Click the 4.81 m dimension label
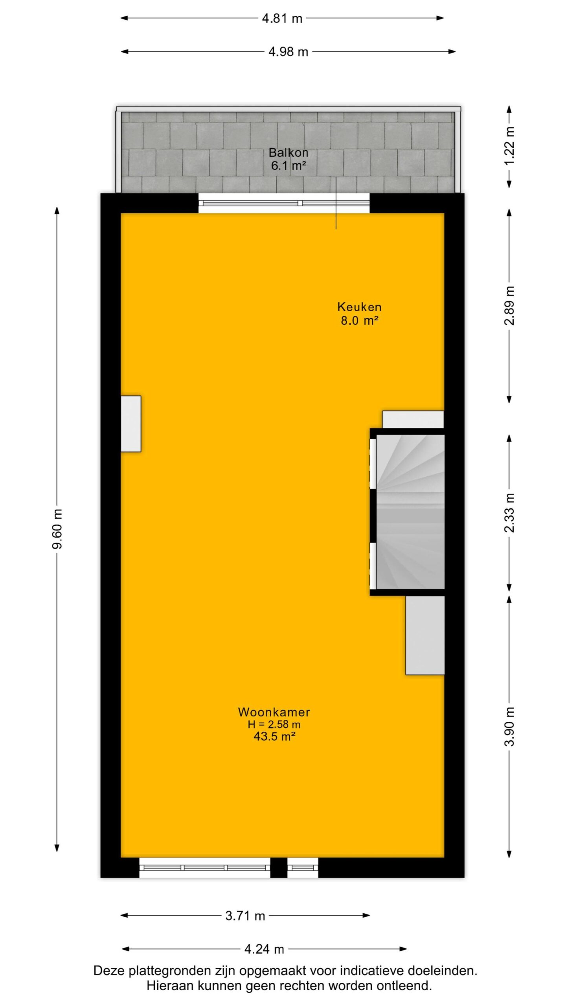click(x=282, y=18)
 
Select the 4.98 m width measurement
click(x=288, y=51)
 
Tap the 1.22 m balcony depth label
click(x=509, y=146)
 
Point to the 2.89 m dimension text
click(x=509, y=306)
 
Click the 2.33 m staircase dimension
click(x=509, y=513)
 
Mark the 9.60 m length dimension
click(x=57, y=529)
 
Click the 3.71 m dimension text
click(x=245, y=916)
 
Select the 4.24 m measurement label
click(x=264, y=949)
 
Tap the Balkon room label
click(x=288, y=152)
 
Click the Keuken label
click(x=359, y=307)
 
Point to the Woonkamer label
click(x=274, y=712)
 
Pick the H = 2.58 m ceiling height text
click(x=274, y=724)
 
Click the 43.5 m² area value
click(x=274, y=736)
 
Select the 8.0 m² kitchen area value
click(x=359, y=320)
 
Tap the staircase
click(x=410, y=512)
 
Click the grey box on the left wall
click(x=131, y=424)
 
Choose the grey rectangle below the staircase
click(x=425, y=635)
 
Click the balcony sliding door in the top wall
click(x=284, y=203)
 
